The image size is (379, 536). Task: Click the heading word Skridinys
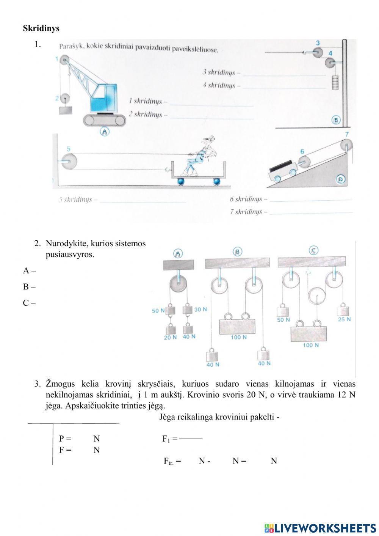click(41, 28)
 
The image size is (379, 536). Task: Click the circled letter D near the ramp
click(341, 179)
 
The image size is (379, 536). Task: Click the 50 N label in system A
click(158, 311)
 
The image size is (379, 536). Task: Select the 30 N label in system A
click(200, 310)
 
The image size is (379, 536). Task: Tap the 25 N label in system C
click(344, 319)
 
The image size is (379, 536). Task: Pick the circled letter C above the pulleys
click(313, 250)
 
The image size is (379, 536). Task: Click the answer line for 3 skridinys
click(284, 75)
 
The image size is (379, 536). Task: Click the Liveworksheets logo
click(320, 528)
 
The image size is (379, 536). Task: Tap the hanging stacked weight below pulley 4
click(335, 82)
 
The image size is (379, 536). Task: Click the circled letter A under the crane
click(104, 132)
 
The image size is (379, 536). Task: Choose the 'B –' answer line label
click(29, 287)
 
